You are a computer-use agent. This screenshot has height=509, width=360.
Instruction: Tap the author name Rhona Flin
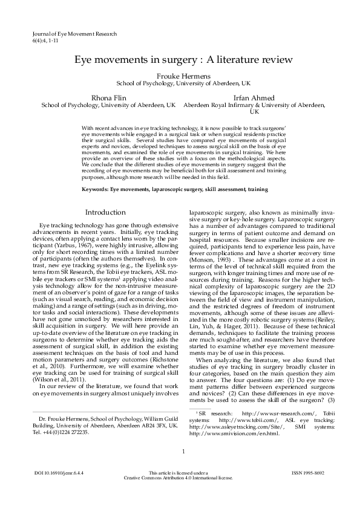(108, 97)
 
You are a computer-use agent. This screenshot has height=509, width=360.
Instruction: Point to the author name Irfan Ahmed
(254, 97)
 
